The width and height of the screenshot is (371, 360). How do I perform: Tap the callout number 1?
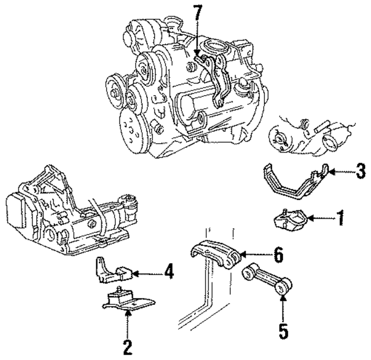click(x=340, y=219)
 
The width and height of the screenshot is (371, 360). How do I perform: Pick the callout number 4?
click(x=168, y=271)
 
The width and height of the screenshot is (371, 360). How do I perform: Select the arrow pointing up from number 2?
click(x=127, y=325)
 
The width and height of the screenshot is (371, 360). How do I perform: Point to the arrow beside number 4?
click(x=148, y=271)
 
